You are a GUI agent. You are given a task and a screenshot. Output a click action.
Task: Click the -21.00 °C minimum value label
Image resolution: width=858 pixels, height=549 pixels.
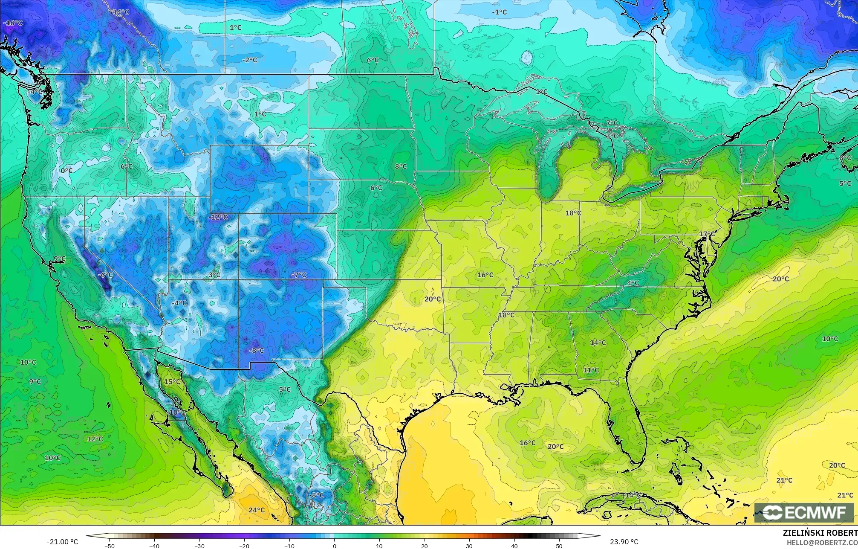pos(63,542)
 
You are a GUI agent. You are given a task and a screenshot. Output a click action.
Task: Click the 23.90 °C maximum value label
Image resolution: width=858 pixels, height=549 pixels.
pos(624,542)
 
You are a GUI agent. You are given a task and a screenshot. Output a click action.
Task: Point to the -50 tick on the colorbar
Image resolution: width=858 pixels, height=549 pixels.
pos(110,546)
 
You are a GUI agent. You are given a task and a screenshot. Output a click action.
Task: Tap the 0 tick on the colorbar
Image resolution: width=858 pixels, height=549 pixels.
pos(335,546)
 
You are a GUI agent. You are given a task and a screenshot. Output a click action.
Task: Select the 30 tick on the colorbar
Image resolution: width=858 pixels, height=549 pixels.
pos(469,546)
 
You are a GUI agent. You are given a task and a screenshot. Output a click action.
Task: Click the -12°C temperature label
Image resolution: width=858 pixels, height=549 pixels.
pos(218,217)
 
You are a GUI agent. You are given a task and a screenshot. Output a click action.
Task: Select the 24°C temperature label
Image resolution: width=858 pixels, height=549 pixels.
pos(257,510)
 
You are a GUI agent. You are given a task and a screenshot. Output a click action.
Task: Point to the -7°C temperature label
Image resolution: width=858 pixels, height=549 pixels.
pos(299,275)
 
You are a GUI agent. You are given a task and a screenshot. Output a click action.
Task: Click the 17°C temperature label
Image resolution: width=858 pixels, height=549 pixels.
pos(707,234)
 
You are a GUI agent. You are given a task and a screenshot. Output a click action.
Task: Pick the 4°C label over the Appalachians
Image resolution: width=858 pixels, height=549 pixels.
pos(633,283)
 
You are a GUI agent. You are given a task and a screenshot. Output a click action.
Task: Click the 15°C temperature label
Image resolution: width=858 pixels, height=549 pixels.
pos(172,381)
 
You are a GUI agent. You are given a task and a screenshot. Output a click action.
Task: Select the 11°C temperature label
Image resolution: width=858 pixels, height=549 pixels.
pos(591,370)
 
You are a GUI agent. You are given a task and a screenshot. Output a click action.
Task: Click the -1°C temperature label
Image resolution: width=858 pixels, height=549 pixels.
pos(499,12)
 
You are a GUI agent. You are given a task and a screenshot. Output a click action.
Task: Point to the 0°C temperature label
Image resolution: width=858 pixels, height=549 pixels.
pos(66,171)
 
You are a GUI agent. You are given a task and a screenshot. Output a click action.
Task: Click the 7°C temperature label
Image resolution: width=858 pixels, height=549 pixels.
pos(612,123)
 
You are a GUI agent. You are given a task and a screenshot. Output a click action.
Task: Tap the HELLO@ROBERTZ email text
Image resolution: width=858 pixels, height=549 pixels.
pos(822,542)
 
